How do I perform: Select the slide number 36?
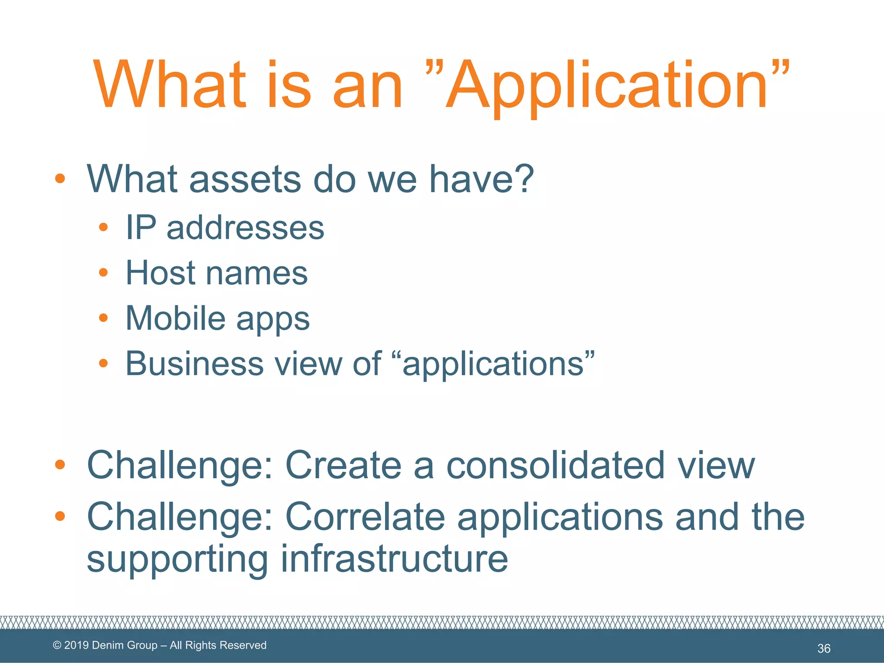click(824, 648)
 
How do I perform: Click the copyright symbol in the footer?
click(57, 645)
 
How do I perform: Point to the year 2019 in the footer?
click(76, 645)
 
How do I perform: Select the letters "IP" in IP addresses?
click(140, 227)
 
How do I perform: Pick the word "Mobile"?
click(175, 318)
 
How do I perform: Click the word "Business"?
click(194, 363)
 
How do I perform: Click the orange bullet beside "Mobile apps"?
click(103, 318)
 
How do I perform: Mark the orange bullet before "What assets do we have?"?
click(60, 178)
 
